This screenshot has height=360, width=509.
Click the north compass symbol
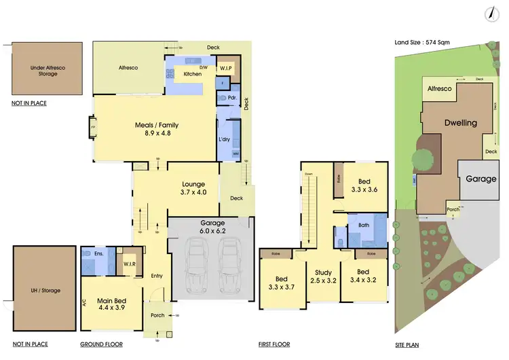[488, 14]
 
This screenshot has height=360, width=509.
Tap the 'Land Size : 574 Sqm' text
[423, 42]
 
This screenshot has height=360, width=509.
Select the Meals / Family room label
[157, 129]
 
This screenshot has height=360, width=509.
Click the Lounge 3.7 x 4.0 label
[193, 187]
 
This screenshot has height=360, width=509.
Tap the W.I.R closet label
[130, 264]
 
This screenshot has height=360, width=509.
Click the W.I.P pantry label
[226, 68]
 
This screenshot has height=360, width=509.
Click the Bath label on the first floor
[363, 225]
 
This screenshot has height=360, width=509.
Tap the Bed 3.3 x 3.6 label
[365, 185]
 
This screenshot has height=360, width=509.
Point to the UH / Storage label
[45, 290]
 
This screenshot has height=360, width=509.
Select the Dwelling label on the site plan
[460, 123]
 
